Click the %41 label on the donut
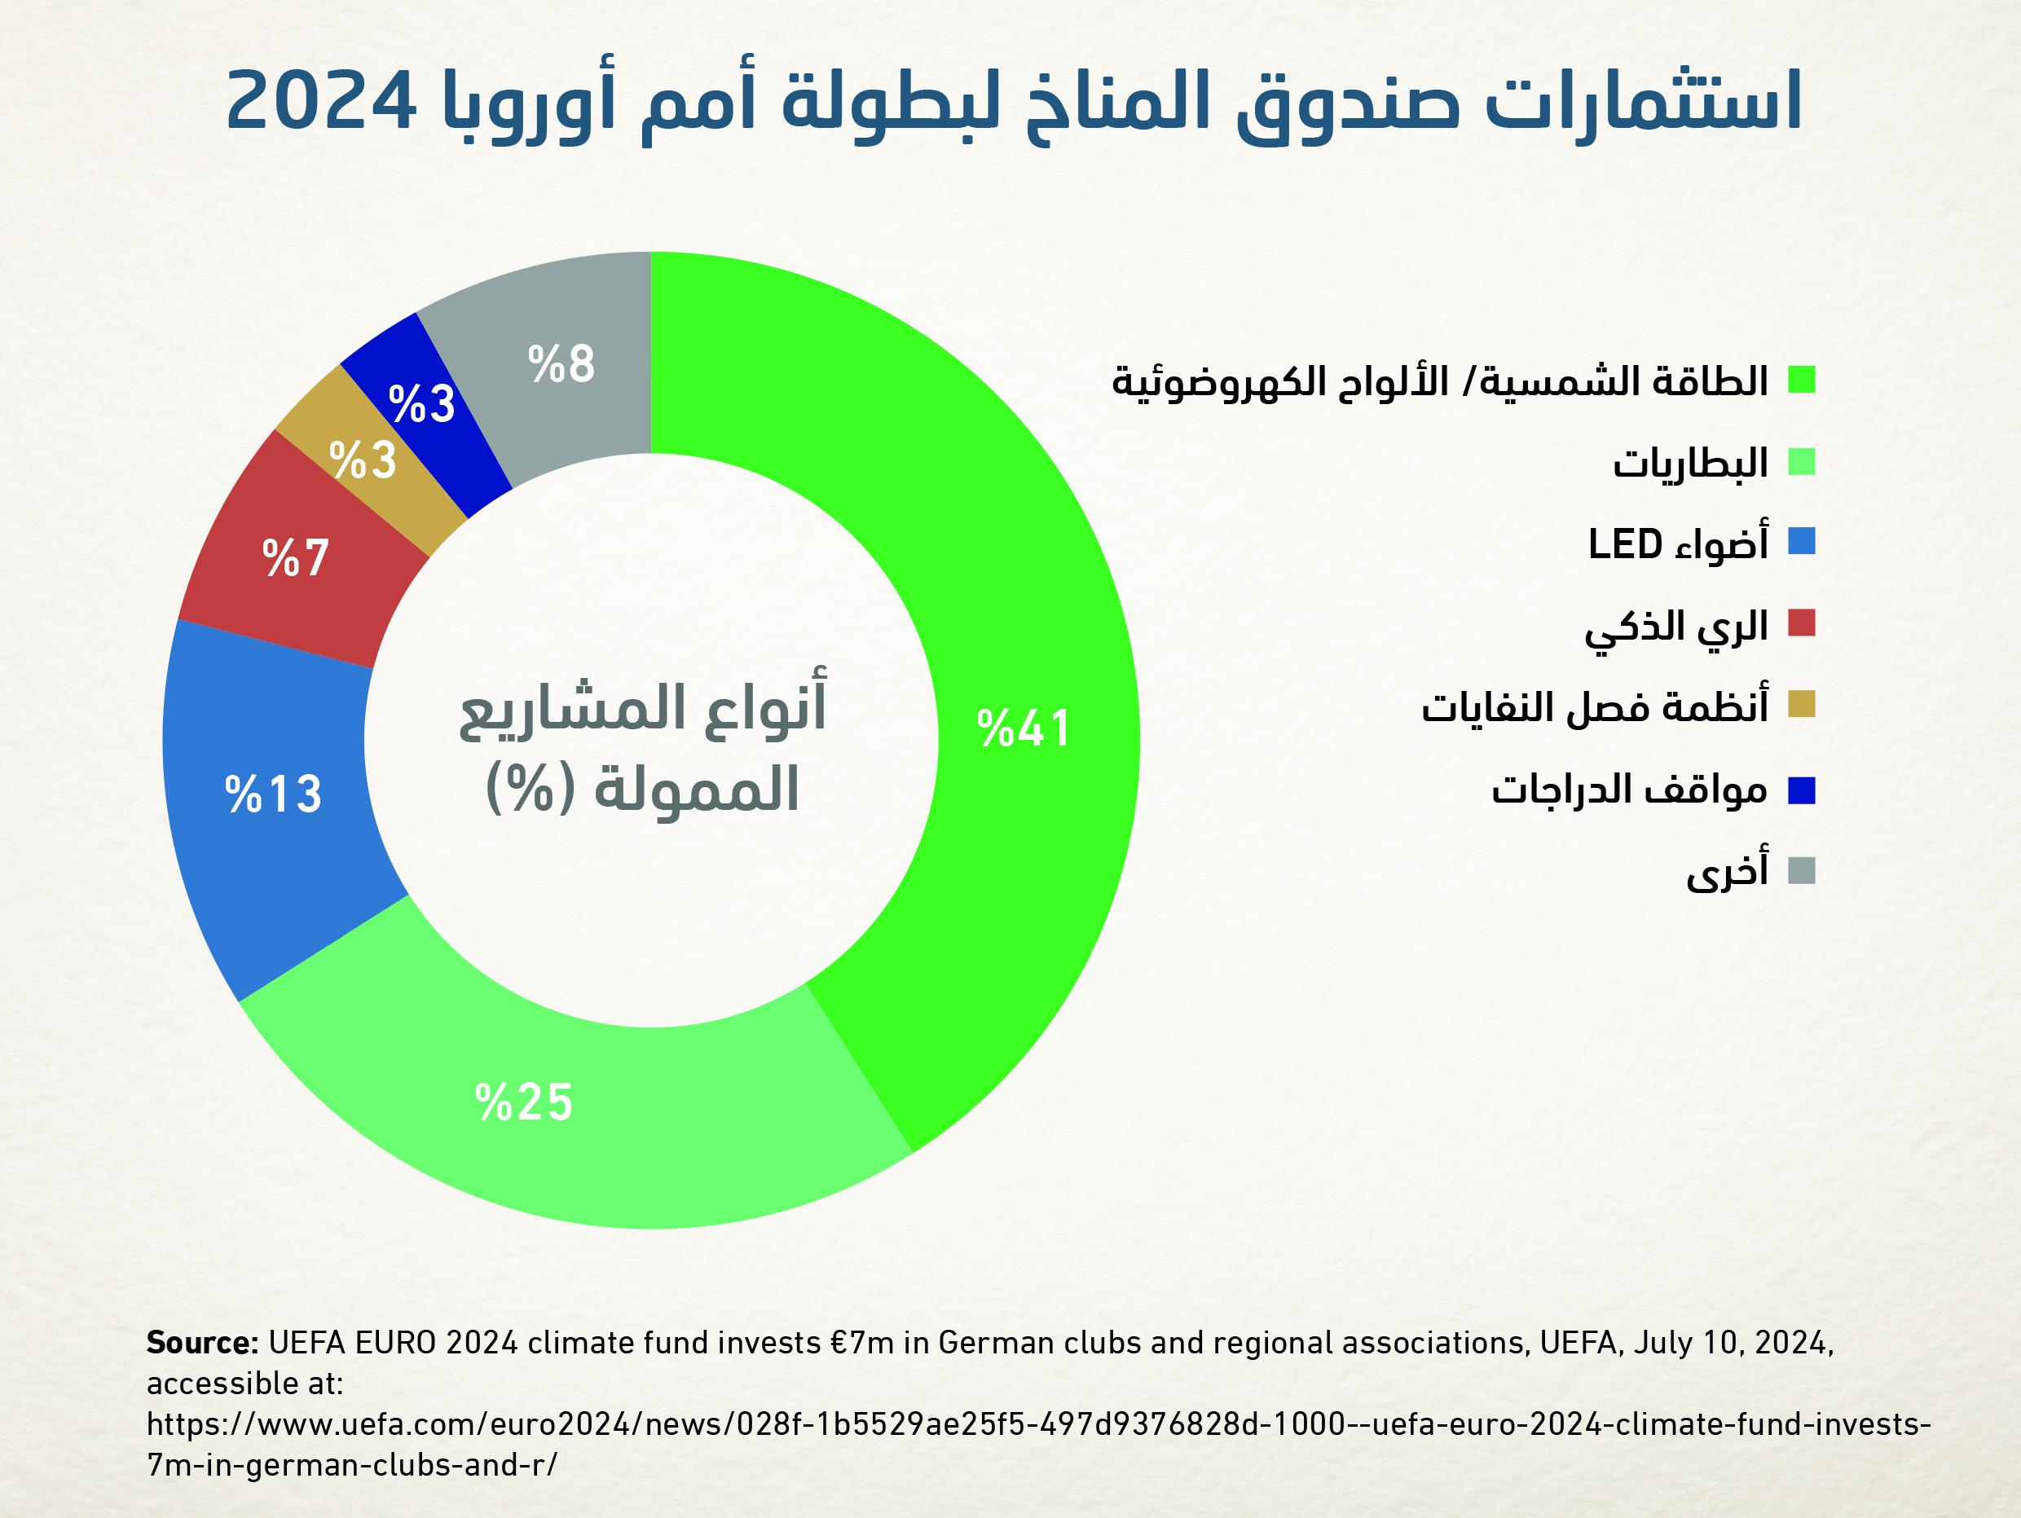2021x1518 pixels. pyautogui.click(x=1024, y=729)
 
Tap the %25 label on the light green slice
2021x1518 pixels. pyautogui.click(x=523, y=1102)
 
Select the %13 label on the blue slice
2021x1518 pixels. pyautogui.click(x=273, y=794)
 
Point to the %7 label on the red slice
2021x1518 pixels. pyautogui.click(x=295, y=557)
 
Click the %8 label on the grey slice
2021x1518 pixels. pyautogui.click(x=561, y=363)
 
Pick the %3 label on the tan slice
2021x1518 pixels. pyautogui.click(x=363, y=460)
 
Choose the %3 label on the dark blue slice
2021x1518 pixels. pyautogui.click(x=421, y=403)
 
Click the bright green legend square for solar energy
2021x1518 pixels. pyautogui.click(x=1802, y=380)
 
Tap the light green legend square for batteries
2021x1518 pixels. pyautogui.click(x=1802, y=462)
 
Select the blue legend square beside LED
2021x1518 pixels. pyautogui.click(x=1802, y=543)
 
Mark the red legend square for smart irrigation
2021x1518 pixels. pyautogui.click(x=1802, y=624)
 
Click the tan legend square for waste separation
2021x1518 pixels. pyautogui.click(x=1802, y=704)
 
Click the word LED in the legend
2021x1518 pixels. pyautogui.click(x=1624, y=544)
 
